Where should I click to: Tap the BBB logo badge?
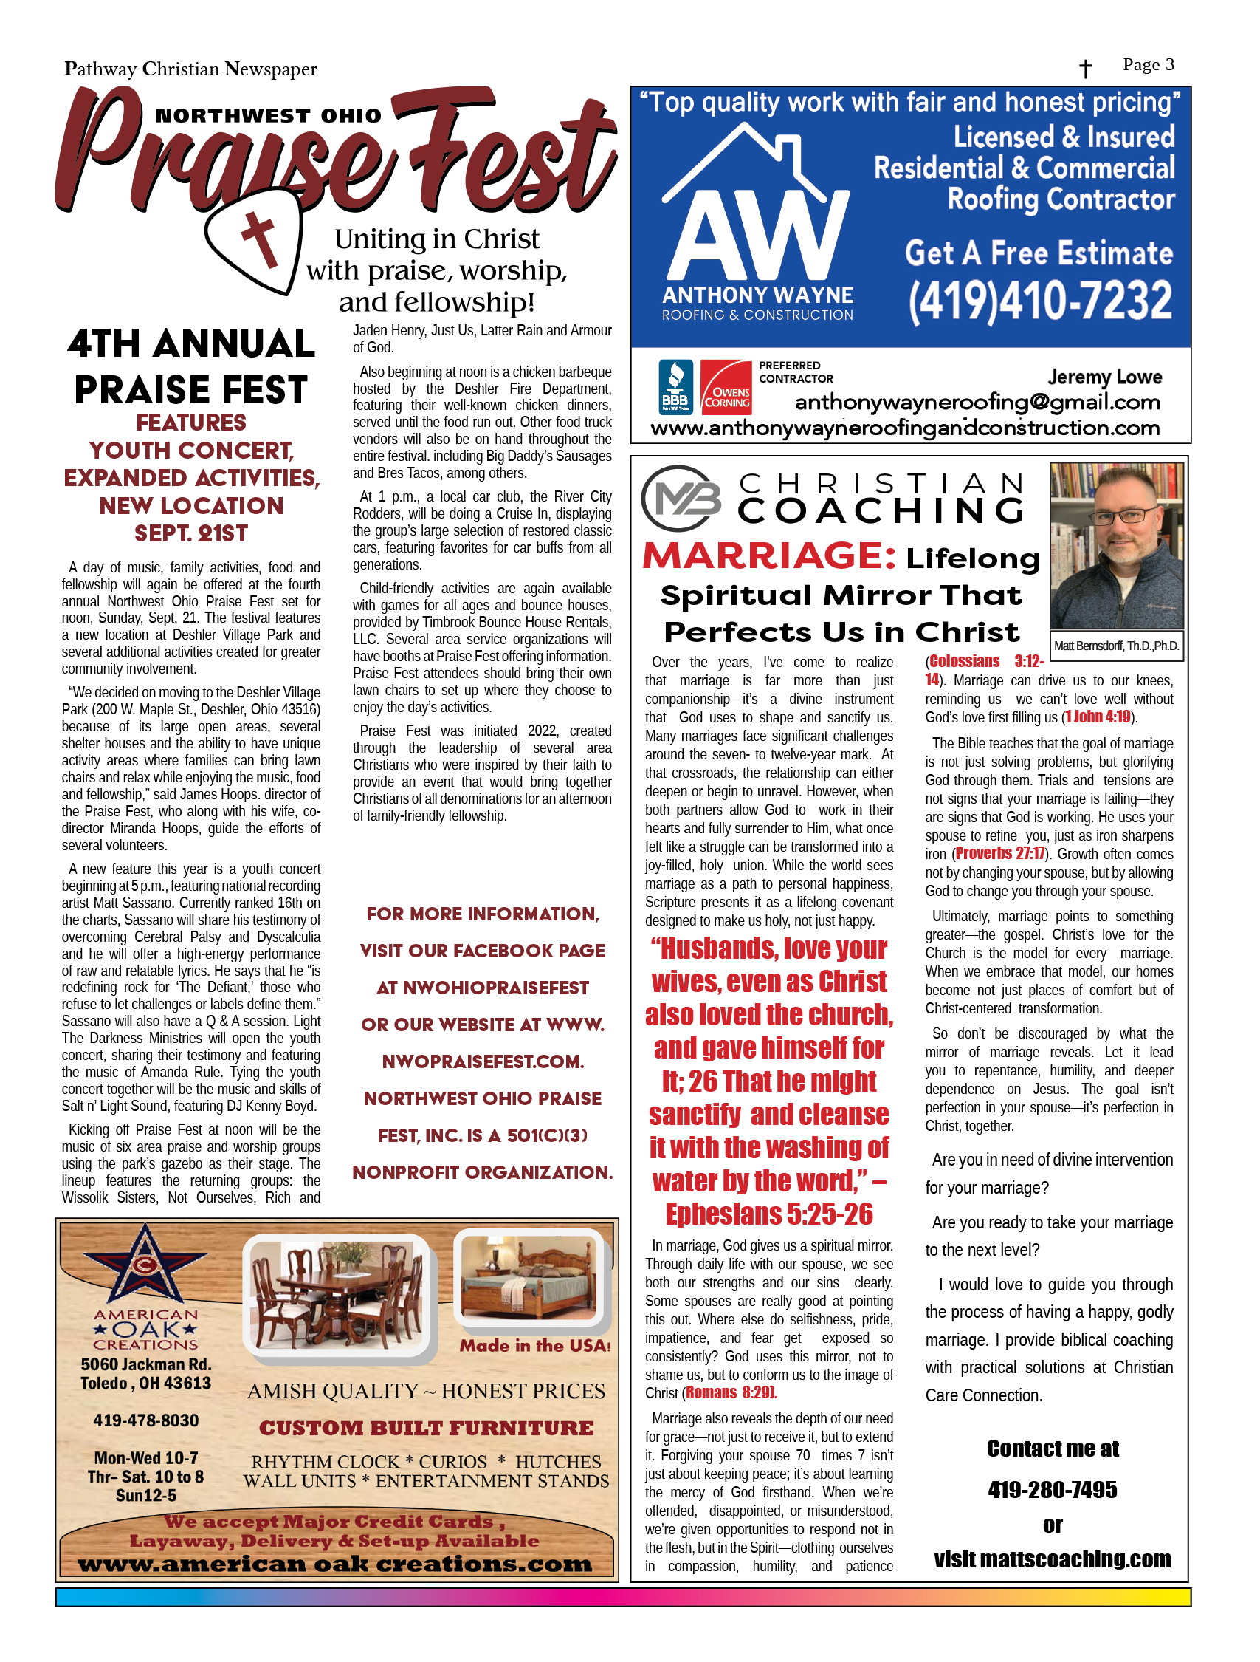coord(676,387)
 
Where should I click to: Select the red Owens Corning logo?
coord(726,387)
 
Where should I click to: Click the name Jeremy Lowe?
coord(1104,377)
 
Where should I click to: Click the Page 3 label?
coord(1148,65)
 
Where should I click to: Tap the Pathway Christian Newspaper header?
coord(190,70)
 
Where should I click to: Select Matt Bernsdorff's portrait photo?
coord(1117,545)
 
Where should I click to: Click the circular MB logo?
coord(681,498)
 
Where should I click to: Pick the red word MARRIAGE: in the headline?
coord(769,556)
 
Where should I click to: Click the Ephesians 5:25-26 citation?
coord(770,1214)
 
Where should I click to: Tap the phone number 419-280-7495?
coord(1052,1489)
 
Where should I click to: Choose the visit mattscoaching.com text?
coord(1052,1559)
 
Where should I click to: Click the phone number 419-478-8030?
coord(145,1420)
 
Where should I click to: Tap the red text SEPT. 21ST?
coord(190,533)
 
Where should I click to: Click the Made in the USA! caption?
coord(534,1346)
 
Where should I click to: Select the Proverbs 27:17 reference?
coord(999,854)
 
